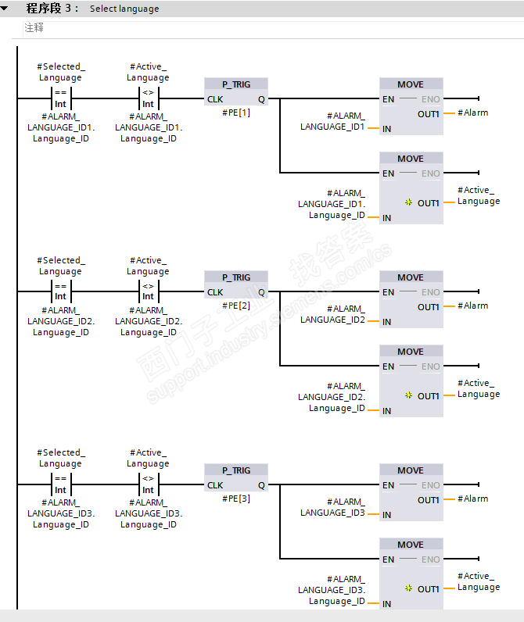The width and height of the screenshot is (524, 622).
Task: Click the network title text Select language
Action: pyautogui.click(x=124, y=9)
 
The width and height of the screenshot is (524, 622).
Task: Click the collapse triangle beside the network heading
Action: pyautogui.click(x=5, y=9)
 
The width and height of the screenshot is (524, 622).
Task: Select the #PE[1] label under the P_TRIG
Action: pyautogui.click(x=236, y=113)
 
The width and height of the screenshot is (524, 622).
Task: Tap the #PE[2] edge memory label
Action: pyautogui.click(x=236, y=306)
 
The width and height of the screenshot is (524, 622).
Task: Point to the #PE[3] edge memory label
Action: pyautogui.click(x=236, y=499)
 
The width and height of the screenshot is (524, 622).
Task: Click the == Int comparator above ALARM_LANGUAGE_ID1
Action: pyautogui.click(x=61, y=98)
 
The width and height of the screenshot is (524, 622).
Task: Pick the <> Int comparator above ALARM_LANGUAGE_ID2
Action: pyautogui.click(x=148, y=291)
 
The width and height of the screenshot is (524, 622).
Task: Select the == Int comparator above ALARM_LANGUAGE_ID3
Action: pyautogui.click(x=61, y=484)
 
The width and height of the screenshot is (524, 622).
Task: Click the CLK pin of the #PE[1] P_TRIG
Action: pyautogui.click(x=215, y=99)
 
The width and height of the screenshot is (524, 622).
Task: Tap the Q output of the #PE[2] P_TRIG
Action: pyautogui.click(x=261, y=292)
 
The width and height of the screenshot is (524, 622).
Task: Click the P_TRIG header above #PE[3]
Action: pyautogui.click(x=236, y=470)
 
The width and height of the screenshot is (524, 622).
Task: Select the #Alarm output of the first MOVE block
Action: pyautogui.click(x=473, y=113)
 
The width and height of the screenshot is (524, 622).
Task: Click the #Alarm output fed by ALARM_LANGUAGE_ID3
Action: pyautogui.click(x=473, y=499)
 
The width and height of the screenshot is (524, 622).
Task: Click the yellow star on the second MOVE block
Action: pyautogui.click(x=408, y=202)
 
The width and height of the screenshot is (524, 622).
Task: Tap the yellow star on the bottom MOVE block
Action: pyautogui.click(x=408, y=588)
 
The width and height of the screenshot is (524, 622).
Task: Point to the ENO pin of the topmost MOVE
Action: pyautogui.click(x=431, y=99)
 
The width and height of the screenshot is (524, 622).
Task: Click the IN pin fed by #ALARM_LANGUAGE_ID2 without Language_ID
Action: pyautogui.click(x=386, y=322)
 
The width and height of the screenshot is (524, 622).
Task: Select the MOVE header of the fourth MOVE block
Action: pyautogui.click(x=411, y=352)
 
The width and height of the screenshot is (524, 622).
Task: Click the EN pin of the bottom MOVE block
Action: pyautogui.click(x=388, y=559)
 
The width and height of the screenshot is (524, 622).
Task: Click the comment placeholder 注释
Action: pyautogui.click(x=34, y=27)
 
